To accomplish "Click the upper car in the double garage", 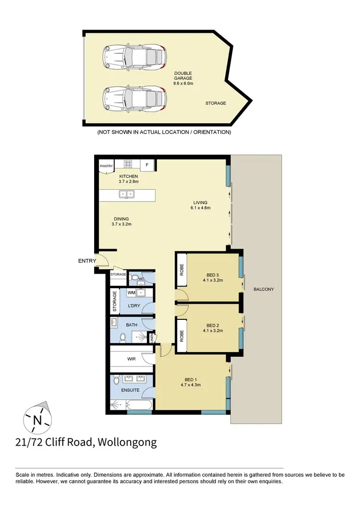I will coord(134,57).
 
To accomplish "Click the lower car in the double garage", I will coord(134,98).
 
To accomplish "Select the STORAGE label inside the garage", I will coord(216,103).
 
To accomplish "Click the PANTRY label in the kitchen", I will coord(106,166).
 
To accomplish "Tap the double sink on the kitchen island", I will coord(127,194).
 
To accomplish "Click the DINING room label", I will coord(121,221).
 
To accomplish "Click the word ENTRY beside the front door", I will coord(86,261).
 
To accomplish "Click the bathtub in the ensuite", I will coord(139,407).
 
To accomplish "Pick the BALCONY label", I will coord(264,289).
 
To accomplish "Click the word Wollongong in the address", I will coord(127,442).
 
